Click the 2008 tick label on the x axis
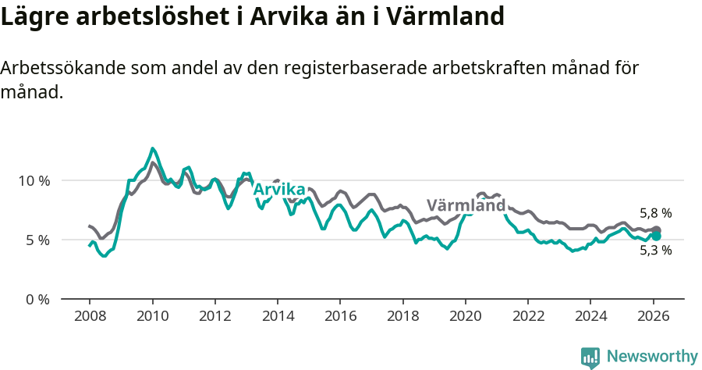coord(90,318)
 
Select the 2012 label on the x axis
coord(214,318)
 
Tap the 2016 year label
coord(340,318)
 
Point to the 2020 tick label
coord(465,318)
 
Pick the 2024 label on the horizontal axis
coord(590,318)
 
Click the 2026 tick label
coord(653,318)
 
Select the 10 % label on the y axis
coord(34,180)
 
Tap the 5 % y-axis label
coord(38,240)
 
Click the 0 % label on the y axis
coord(38,299)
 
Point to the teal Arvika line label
coord(278,189)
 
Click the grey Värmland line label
coord(466,206)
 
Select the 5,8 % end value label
coord(655,213)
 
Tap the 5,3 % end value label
coord(655,251)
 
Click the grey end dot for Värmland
coord(657,230)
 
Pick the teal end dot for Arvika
coord(657,236)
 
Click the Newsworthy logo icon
coord(590,358)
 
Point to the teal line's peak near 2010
coord(153,148)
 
